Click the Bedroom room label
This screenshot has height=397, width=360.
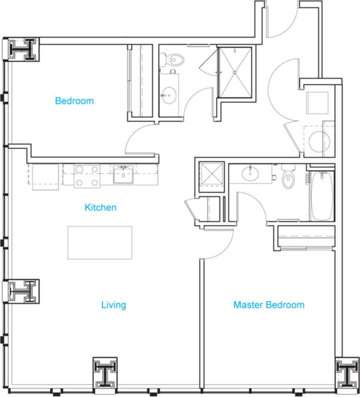point(74,101)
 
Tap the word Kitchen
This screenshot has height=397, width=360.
point(100,207)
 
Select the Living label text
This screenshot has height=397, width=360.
point(113,305)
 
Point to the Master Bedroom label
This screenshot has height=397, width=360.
point(268,305)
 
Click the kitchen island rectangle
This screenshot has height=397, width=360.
point(99,242)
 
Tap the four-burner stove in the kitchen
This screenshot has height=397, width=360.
point(87,175)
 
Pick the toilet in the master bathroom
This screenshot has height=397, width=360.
point(288,178)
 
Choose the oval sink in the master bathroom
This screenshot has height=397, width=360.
point(250,174)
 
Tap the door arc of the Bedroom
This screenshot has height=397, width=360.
point(139,139)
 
